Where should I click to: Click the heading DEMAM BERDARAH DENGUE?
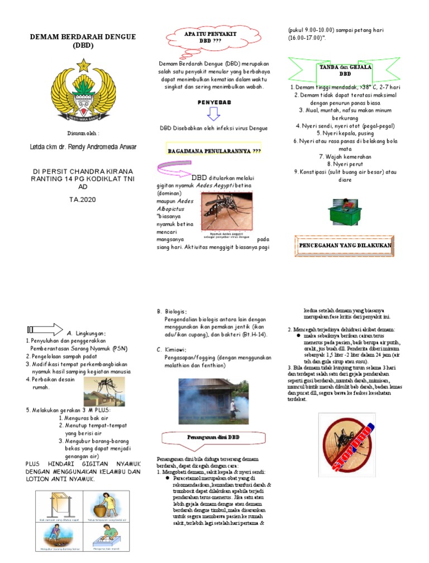pyautogui.click(x=83, y=37)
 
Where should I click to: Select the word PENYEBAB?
pyautogui.click(x=214, y=103)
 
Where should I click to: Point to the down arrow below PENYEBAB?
pyautogui.click(x=214, y=115)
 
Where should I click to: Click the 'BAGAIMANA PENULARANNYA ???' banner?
pyautogui.click(x=214, y=151)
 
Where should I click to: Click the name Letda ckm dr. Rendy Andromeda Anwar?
pyautogui.click(x=83, y=148)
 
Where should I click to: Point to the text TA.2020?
pyautogui.click(x=83, y=199)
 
